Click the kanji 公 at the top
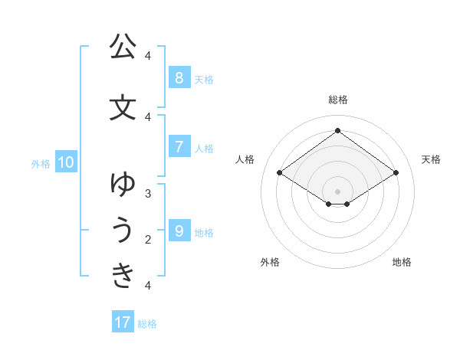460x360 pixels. [123, 47]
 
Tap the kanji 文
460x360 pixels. [123, 108]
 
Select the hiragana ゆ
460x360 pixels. [123, 185]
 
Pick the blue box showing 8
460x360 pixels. [179, 77]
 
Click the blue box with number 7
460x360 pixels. [179, 146]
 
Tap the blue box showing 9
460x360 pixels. [179, 231]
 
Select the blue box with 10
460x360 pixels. [65, 162]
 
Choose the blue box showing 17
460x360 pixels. [123, 322]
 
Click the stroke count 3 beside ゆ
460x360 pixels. [148, 194]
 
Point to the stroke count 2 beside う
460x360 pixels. [148, 240]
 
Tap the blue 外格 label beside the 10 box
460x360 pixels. [41, 163]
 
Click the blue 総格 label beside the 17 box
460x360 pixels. [147, 324]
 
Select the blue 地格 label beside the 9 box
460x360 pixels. [204, 233]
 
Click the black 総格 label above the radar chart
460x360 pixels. [337, 100]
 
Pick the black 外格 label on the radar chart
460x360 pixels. [270, 262]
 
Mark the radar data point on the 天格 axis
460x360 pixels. [396, 173]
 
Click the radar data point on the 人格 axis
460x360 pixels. [279, 173]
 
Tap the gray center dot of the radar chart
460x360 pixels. [337, 191]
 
